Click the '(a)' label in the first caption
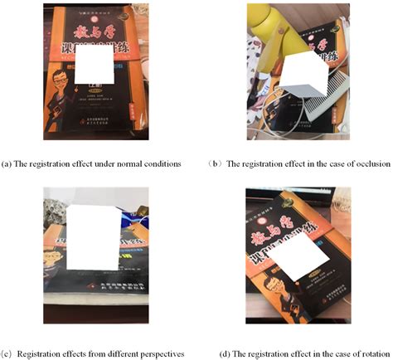(7, 163)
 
